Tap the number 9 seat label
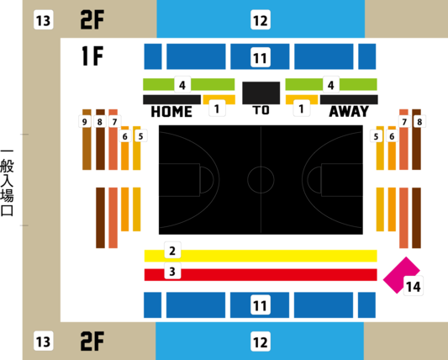click(x=85, y=122)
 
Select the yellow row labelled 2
click(x=261, y=256)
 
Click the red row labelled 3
click(x=261, y=275)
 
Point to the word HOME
click(x=171, y=112)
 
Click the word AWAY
click(x=349, y=112)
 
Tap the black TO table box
click(x=261, y=93)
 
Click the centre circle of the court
click(x=261, y=180)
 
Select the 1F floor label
click(x=92, y=56)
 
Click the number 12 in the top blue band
click(x=261, y=19)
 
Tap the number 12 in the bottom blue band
click(x=261, y=341)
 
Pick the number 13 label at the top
click(x=44, y=19)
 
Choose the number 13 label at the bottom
click(x=44, y=341)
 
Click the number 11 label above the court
click(x=261, y=57)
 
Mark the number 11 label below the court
click(x=261, y=305)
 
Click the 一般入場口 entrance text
click(x=7, y=183)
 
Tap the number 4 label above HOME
click(x=182, y=85)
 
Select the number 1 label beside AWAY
click(x=301, y=109)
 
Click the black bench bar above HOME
click(x=171, y=99)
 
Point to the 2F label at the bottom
click(x=92, y=341)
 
